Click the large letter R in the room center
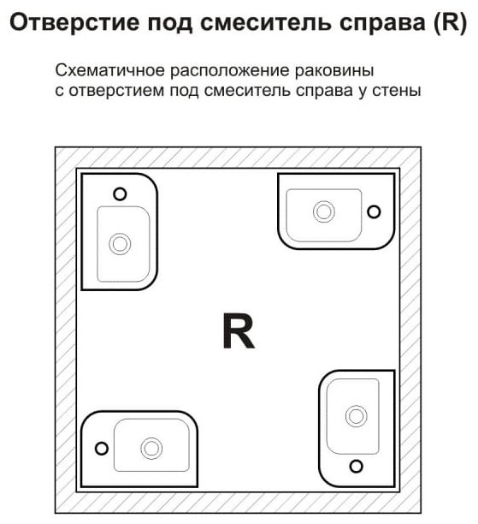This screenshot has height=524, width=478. click(239, 330)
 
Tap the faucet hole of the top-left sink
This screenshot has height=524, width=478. click(120, 194)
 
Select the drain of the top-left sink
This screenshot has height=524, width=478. click(120, 244)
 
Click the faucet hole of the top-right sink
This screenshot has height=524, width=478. click(374, 211)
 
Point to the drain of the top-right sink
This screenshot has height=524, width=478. click(324, 211)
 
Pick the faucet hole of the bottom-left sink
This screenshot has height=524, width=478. click(102, 449)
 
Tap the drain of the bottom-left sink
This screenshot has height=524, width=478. click(151, 449)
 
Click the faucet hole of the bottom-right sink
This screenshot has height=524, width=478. click(357, 466)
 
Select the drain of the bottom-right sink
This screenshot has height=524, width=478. click(357, 416)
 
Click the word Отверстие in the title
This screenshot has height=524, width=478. click(74, 23)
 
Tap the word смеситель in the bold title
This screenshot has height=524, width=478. click(266, 22)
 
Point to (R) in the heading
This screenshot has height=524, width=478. click(450, 23)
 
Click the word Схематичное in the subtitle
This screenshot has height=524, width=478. click(110, 70)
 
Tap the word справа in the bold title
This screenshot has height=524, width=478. click(382, 24)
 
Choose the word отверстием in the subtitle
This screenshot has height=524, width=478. click(116, 92)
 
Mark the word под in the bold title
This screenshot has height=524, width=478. click(170, 23)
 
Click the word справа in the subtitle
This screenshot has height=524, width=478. click(324, 92)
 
